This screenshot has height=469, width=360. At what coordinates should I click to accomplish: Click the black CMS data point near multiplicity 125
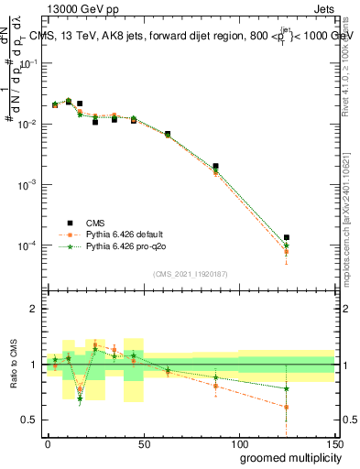pos(287,237)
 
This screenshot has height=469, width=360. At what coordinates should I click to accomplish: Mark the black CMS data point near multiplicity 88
pos(215,167)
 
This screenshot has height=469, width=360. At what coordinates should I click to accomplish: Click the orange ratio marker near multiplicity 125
pos(287,407)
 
